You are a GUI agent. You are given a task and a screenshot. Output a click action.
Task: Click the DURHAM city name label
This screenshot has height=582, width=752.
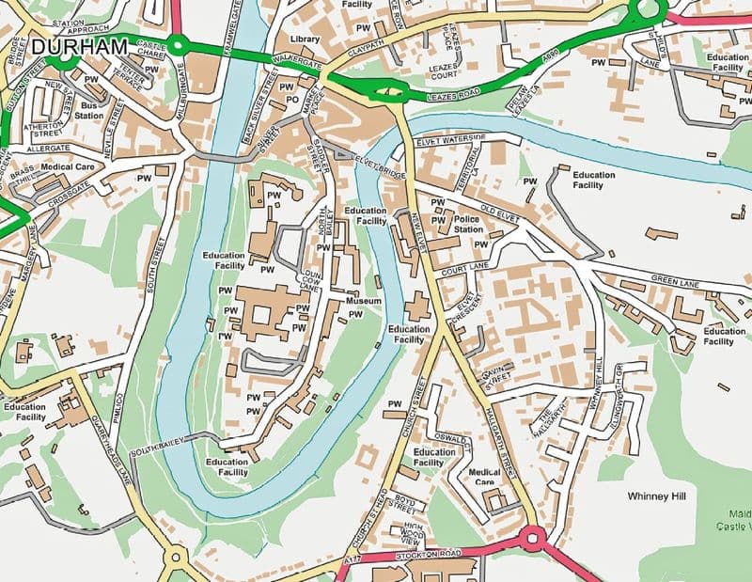78,45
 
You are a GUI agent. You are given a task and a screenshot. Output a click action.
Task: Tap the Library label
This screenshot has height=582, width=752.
305,39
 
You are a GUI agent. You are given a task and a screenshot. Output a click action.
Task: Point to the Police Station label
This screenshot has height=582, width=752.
468,223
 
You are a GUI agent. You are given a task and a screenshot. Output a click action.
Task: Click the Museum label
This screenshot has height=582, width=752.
363,301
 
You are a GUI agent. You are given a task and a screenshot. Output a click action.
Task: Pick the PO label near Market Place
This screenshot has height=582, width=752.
292,98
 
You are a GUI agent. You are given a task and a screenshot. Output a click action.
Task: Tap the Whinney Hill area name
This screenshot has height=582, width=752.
661,494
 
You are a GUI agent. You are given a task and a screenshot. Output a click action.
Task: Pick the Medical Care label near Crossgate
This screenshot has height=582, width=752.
70,167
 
